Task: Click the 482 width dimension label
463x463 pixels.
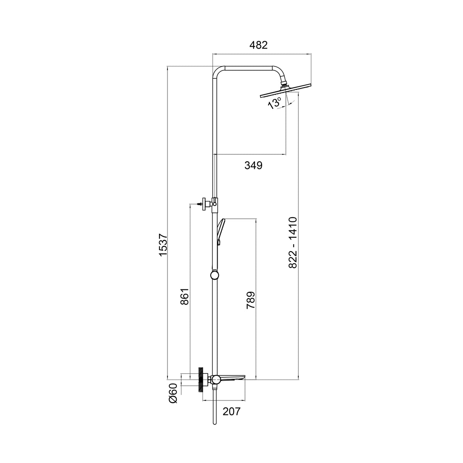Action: [x=258, y=45]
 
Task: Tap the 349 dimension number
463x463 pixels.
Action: [x=253, y=165]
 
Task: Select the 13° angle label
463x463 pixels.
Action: [x=274, y=103]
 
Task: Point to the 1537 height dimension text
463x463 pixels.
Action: [x=163, y=245]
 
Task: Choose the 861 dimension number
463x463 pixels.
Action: [x=185, y=296]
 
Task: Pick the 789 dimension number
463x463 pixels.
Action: [x=251, y=300]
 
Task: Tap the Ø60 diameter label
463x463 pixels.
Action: [x=173, y=393]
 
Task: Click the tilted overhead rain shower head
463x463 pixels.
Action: [x=286, y=90]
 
